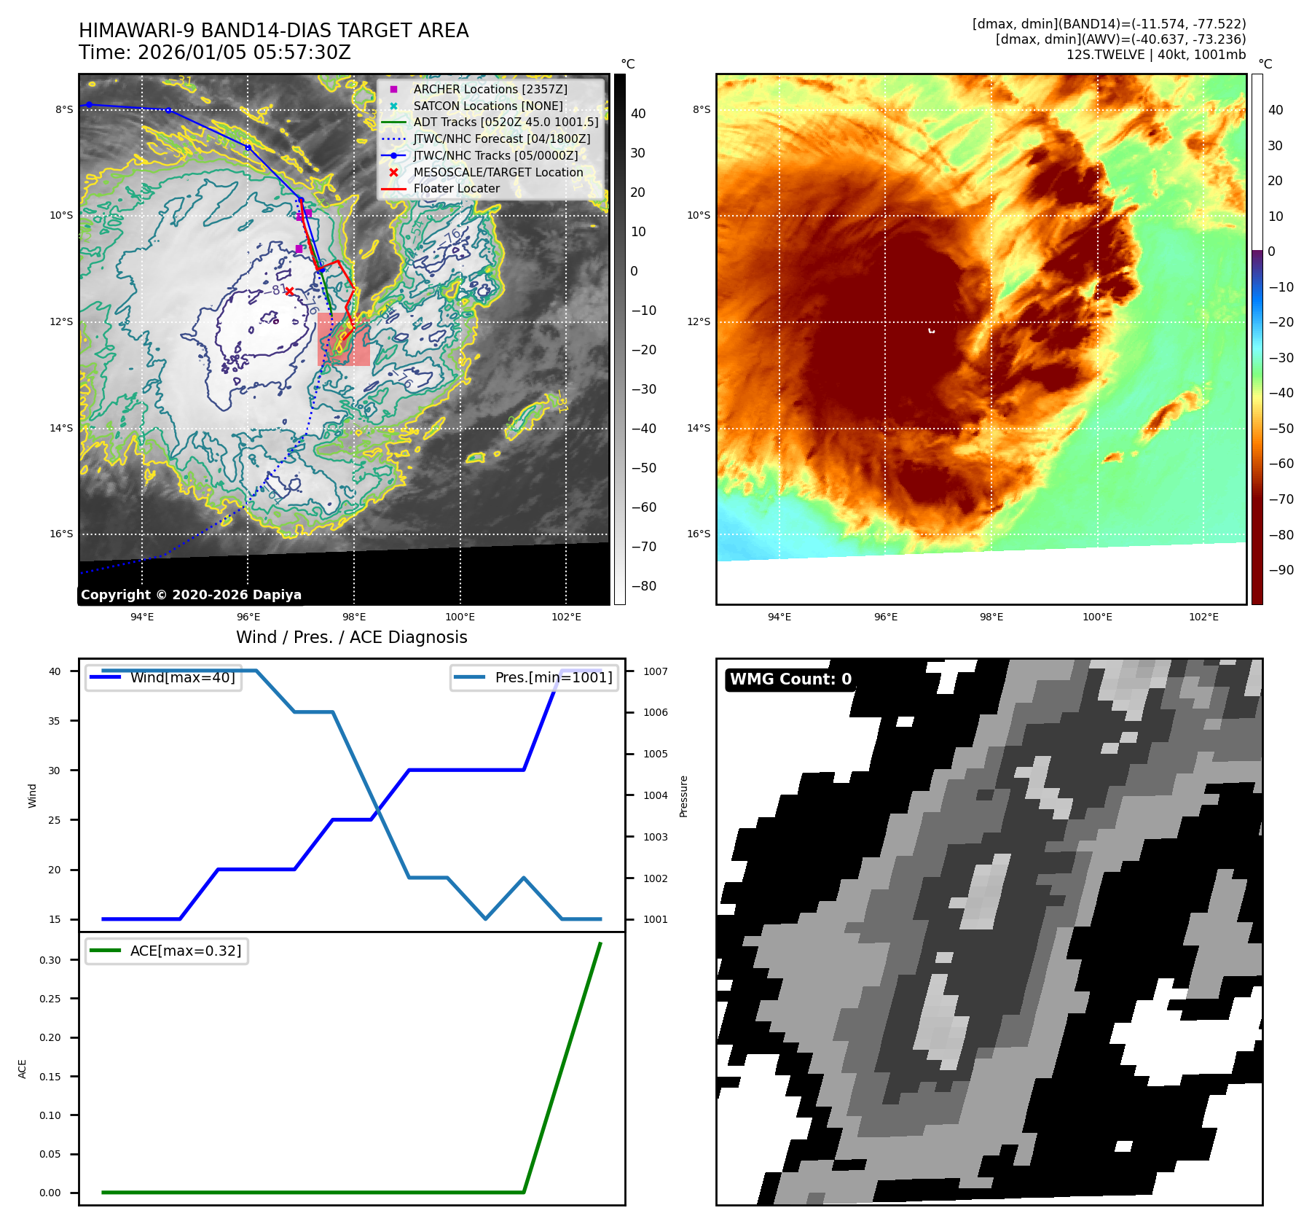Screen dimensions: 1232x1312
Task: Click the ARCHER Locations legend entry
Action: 490,89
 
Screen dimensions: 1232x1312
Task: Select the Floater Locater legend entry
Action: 456,189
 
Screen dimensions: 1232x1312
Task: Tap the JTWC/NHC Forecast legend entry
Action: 501,139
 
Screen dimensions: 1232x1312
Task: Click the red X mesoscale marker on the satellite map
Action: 289,292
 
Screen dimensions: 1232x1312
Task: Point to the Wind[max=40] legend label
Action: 182,678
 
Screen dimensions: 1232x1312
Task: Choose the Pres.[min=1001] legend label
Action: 553,678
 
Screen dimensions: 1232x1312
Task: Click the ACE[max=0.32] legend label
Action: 185,951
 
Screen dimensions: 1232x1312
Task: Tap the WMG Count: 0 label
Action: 790,679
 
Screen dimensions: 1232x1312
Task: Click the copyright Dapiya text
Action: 191,595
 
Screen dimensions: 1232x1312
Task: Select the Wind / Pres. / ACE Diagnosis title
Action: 351,638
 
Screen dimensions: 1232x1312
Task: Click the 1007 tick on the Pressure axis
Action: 655,671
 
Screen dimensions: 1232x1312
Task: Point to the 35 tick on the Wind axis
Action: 55,721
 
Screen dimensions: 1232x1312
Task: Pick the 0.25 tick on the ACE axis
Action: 50,999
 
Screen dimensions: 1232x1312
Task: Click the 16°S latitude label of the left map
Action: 61,534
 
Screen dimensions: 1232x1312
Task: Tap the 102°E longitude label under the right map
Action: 1203,617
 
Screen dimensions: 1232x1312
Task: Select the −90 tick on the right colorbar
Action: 1281,570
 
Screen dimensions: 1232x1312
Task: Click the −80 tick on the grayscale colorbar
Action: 643,586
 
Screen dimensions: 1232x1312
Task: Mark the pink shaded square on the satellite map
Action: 343,339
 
